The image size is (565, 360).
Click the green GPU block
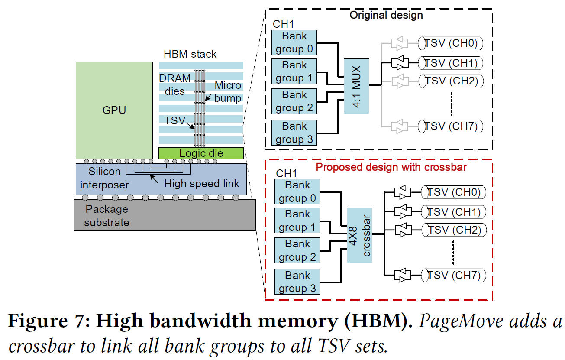(x=114, y=110)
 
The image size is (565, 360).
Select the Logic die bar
(x=201, y=153)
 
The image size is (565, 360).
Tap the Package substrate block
(x=165, y=215)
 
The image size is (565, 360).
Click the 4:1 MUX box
(x=357, y=86)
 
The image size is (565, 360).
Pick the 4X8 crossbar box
(x=360, y=235)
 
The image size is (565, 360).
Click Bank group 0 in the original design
(x=294, y=42)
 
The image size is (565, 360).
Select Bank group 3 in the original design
(x=294, y=133)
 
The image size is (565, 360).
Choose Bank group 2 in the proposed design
(x=297, y=250)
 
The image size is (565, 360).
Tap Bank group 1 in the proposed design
(x=297, y=221)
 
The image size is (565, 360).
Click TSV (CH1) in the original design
(x=450, y=63)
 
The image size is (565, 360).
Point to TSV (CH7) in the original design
(x=450, y=126)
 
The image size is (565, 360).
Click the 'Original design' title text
(x=386, y=15)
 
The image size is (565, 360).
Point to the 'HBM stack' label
(x=190, y=54)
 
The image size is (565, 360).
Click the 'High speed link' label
(x=201, y=184)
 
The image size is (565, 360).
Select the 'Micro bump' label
(x=228, y=92)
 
